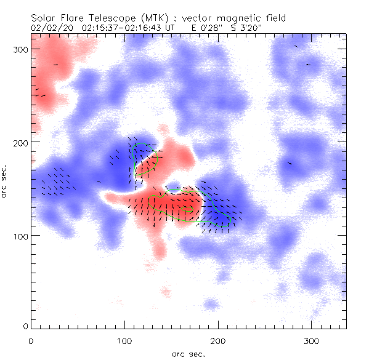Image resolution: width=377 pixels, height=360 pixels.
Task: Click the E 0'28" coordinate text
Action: point(206,28)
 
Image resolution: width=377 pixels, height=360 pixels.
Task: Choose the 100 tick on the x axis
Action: point(124,340)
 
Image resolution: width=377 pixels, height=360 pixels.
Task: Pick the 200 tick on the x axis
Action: point(218,340)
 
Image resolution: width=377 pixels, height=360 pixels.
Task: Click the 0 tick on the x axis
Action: point(31,340)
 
